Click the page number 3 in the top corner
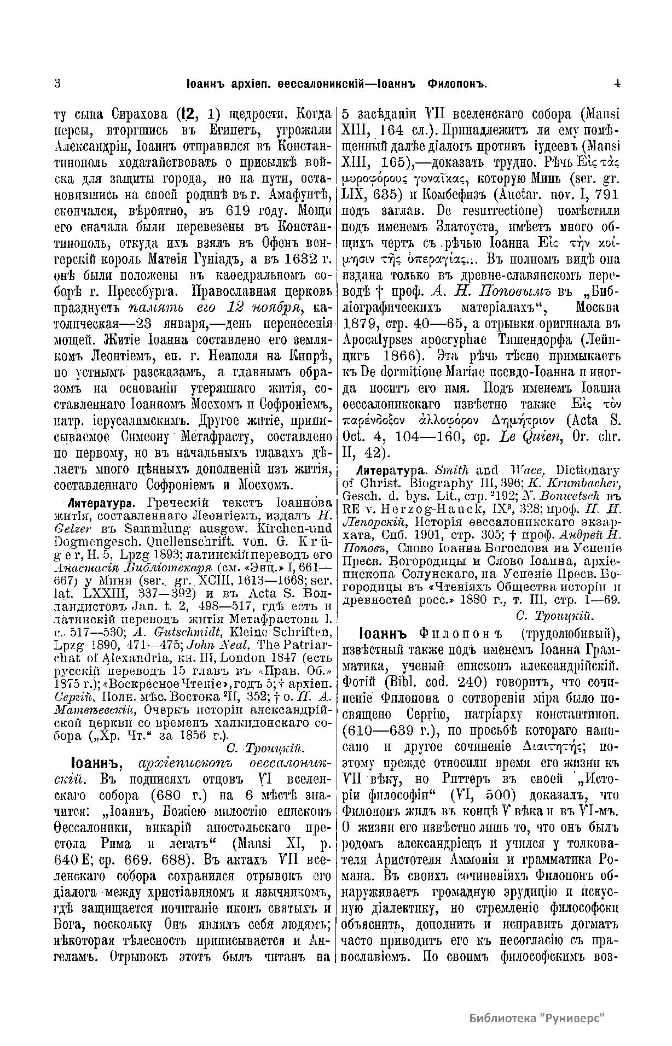tap(57, 84)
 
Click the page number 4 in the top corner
tap(617, 84)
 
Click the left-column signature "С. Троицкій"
tap(264, 747)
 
